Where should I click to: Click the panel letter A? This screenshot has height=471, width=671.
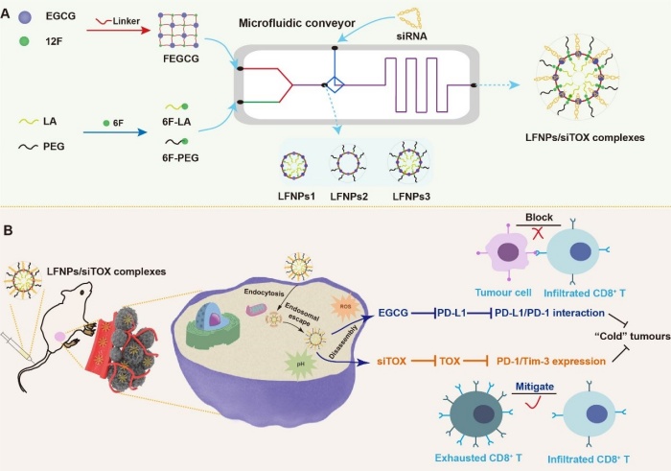[x=9, y=9]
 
